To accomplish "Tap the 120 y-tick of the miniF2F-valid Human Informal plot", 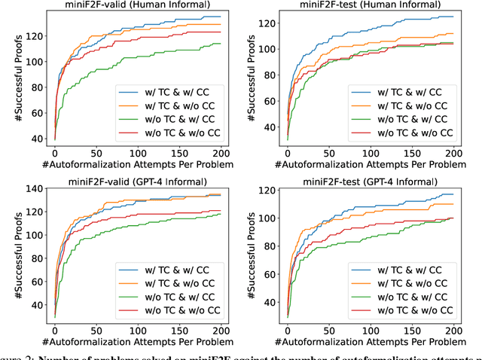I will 34,35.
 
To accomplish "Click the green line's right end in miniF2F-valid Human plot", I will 220,44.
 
